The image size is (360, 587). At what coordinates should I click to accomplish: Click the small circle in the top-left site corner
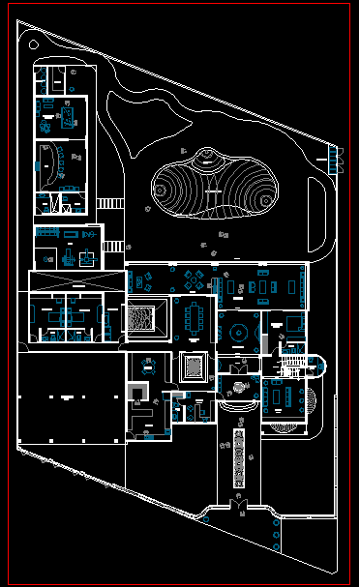click(34, 44)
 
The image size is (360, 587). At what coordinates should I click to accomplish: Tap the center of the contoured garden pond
click(213, 184)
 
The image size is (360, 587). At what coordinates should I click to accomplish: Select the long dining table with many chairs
click(197, 316)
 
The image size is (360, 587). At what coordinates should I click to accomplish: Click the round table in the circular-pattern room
click(238, 334)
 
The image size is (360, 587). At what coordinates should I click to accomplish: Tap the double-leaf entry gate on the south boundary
click(237, 504)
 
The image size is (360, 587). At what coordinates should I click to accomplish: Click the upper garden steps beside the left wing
click(111, 204)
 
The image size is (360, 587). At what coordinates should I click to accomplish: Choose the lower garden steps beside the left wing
click(114, 246)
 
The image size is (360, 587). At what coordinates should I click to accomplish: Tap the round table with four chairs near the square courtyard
click(148, 365)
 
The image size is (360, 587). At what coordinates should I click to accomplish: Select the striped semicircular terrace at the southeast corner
click(287, 423)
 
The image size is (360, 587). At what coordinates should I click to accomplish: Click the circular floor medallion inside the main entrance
click(238, 389)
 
